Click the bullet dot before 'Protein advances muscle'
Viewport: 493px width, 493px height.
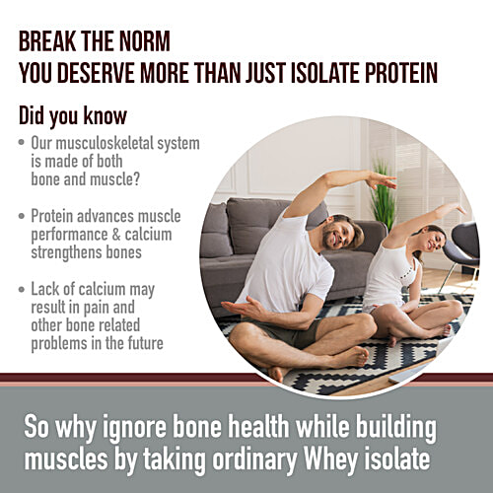22,215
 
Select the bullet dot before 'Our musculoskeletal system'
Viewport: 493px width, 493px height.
22,144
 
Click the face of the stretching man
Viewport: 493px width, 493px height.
341,234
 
